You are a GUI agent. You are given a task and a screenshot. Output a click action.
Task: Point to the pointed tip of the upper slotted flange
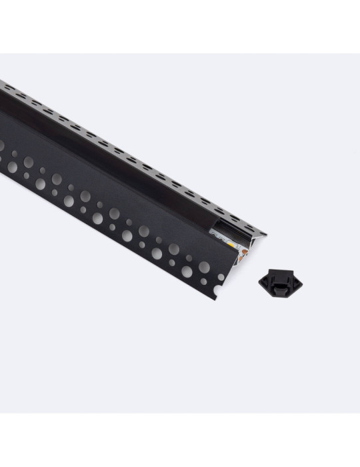click(265, 235)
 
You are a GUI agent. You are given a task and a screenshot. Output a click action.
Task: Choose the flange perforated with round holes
click(100, 200)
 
